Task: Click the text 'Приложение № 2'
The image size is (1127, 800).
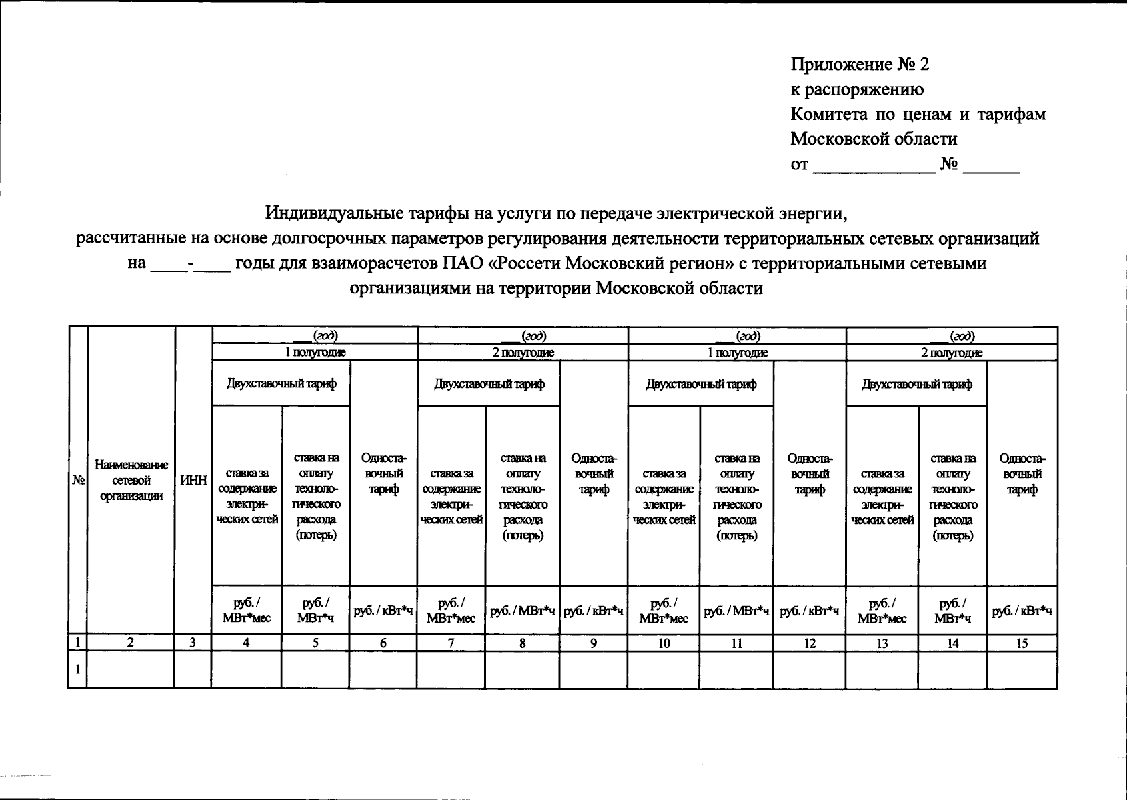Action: [x=860, y=65]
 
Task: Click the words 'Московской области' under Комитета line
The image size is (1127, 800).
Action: [x=874, y=139]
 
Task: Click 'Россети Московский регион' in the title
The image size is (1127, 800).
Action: [x=612, y=263]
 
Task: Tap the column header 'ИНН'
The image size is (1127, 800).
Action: [x=193, y=481]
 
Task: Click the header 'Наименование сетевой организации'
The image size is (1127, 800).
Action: [x=131, y=481]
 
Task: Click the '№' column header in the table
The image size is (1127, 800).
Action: [x=78, y=481]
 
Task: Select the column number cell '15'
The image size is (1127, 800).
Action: [x=1022, y=643]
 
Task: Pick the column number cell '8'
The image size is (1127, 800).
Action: [x=522, y=643]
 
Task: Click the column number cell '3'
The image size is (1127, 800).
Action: [x=193, y=643]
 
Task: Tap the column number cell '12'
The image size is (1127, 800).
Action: [x=809, y=643]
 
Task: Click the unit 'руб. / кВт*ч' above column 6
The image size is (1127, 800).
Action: [x=383, y=611]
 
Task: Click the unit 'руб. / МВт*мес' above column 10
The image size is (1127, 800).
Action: [x=663, y=611]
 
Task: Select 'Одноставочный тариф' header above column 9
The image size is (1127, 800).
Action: [x=593, y=474]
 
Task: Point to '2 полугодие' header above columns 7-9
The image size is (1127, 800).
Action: [x=523, y=353]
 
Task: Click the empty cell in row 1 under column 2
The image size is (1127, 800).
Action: [x=131, y=669]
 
